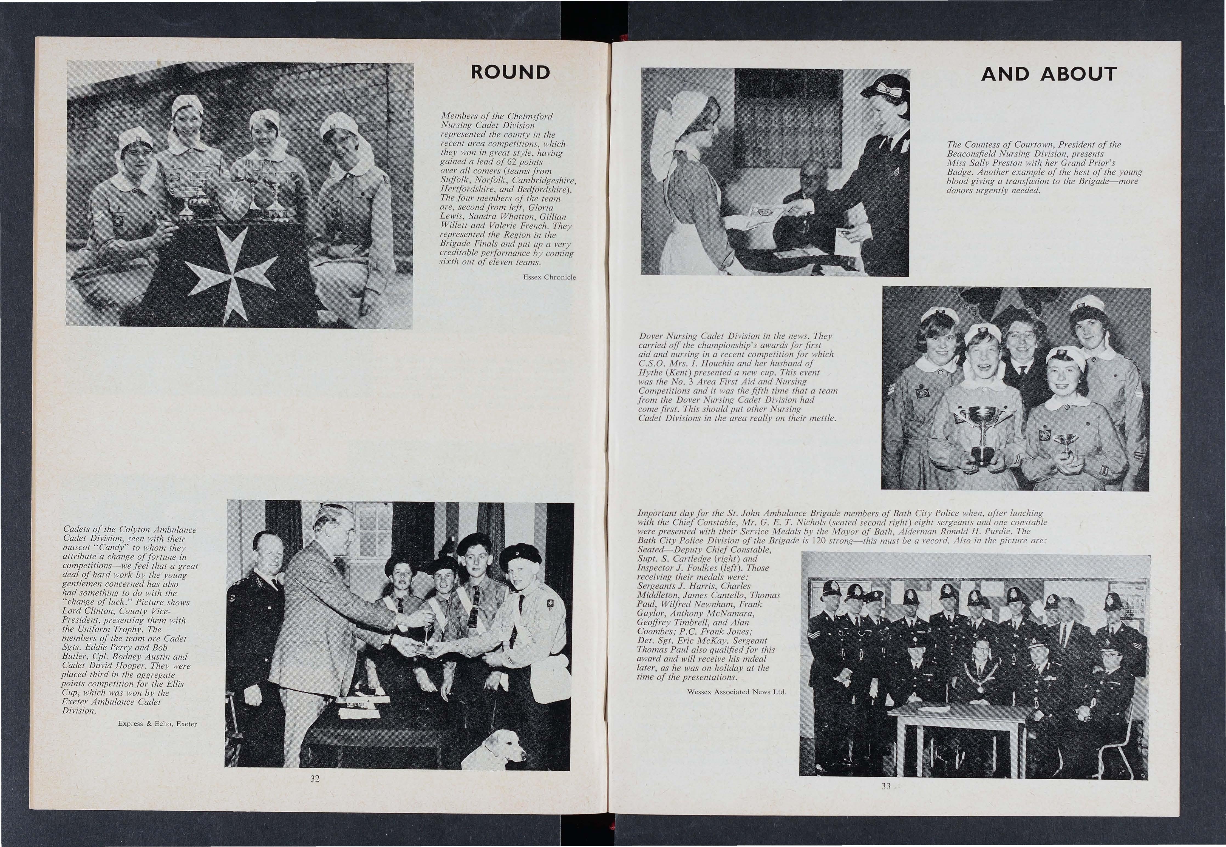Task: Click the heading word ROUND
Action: pyautogui.click(x=510, y=72)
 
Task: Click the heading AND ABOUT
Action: pyautogui.click(x=1049, y=74)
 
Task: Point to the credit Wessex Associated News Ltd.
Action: pyautogui.click(x=736, y=692)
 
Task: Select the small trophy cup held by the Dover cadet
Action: pyautogui.click(x=1065, y=444)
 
